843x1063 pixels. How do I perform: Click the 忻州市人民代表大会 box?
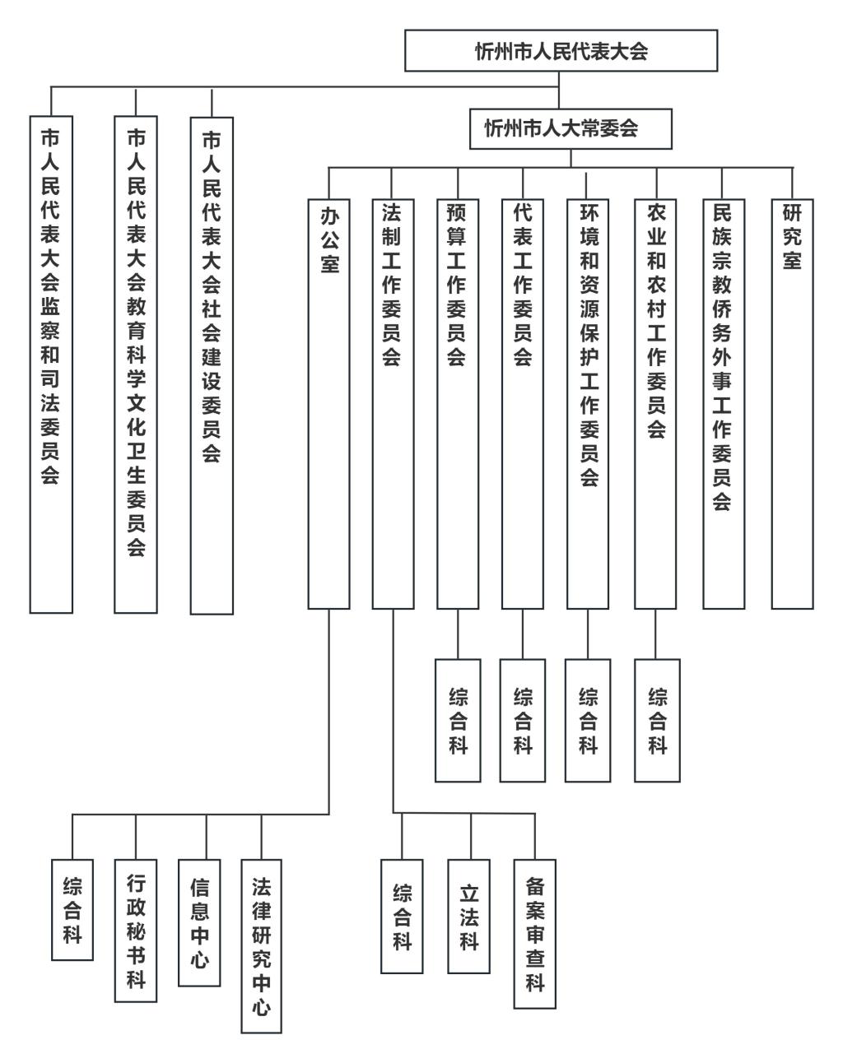pyautogui.click(x=561, y=50)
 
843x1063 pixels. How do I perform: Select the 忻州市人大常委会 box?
pyautogui.click(x=571, y=129)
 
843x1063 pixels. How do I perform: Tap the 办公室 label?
pyautogui.click(x=329, y=240)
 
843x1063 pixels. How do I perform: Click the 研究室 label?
pyautogui.click(x=792, y=237)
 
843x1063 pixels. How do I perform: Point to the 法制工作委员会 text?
pyautogui.click(x=391, y=285)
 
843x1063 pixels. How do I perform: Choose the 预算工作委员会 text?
pyautogui.click(x=456, y=285)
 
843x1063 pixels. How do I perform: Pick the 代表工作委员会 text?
pyautogui.click(x=522, y=285)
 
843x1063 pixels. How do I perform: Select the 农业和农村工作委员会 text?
pyautogui.click(x=656, y=321)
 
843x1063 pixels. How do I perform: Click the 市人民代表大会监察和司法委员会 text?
pyautogui.click(x=50, y=306)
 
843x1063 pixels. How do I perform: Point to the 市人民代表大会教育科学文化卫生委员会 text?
pyautogui.click(x=136, y=343)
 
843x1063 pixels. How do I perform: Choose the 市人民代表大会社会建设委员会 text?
pyautogui.click(x=211, y=296)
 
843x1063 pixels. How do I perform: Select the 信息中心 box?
pyautogui.click(x=198, y=922)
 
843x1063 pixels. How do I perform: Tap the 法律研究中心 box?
pyautogui.click(x=261, y=946)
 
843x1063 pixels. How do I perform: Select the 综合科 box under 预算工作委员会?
pyautogui.click(x=458, y=721)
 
